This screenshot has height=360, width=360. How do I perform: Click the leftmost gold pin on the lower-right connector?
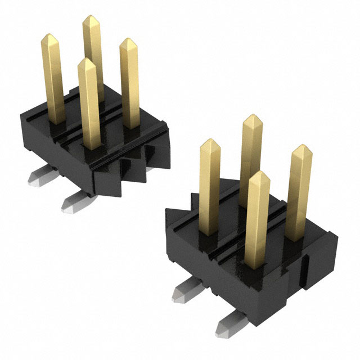[x=210, y=180]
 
